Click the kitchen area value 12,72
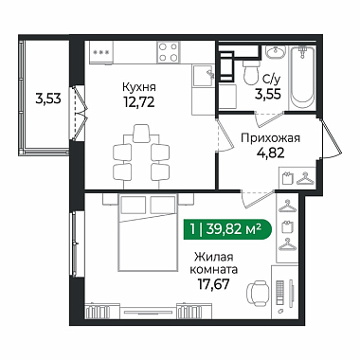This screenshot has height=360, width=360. [139, 101]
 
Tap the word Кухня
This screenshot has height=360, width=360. [139, 87]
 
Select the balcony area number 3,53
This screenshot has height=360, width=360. [48, 99]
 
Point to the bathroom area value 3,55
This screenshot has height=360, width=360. [268, 94]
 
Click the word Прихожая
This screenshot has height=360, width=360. [270, 138]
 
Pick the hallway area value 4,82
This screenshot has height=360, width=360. [270, 153]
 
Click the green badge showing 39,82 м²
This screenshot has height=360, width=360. [227, 228]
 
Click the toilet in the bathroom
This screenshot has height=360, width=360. [251, 72]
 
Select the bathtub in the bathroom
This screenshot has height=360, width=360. [302, 77]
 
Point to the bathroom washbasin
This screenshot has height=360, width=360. [275, 52]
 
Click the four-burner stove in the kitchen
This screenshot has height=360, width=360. [168, 52]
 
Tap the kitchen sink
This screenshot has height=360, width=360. [204, 76]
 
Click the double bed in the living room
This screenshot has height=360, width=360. [148, 232]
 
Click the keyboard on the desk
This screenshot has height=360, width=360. [279, 292]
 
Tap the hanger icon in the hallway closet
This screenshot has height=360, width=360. [305, 178]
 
